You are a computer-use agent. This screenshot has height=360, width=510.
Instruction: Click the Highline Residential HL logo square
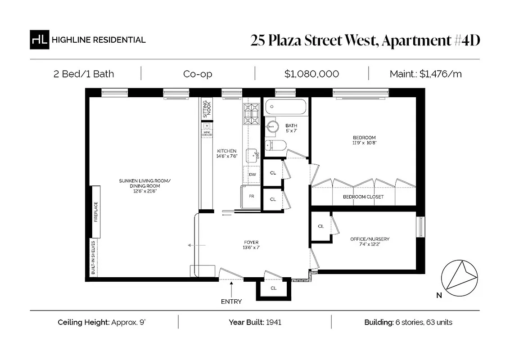pos(39,40)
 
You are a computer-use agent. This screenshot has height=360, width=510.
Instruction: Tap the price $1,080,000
pos(311,74)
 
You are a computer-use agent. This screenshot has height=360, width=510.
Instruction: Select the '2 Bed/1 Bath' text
pos(84,74)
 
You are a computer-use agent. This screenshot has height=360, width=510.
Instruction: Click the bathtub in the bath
pos(286,108)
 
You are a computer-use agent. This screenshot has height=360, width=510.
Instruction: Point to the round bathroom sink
pos(271,126)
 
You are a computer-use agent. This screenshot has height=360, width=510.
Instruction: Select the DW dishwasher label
pos(252,175)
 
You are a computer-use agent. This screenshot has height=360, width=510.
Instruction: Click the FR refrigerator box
pos(251,196)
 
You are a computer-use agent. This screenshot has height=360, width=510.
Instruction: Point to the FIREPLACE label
pos(95,212)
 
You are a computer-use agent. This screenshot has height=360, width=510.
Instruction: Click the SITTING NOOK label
pos(207,108)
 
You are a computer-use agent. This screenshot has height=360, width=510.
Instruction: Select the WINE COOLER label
pos(207,134)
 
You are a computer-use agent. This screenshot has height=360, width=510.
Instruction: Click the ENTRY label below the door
pos(231,301)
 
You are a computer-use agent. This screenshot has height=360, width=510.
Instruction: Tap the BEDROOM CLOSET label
pos(363,197)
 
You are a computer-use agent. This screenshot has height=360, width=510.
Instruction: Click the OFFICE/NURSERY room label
pos(370,239)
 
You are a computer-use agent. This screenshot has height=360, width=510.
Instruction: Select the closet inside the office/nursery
pos(320,226)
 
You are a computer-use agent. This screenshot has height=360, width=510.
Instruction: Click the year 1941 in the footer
pos(274,322)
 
